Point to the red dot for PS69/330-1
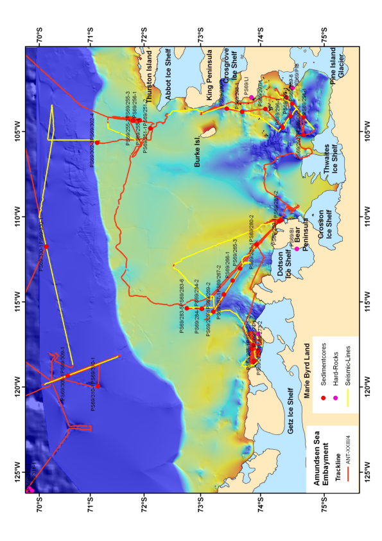46,246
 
